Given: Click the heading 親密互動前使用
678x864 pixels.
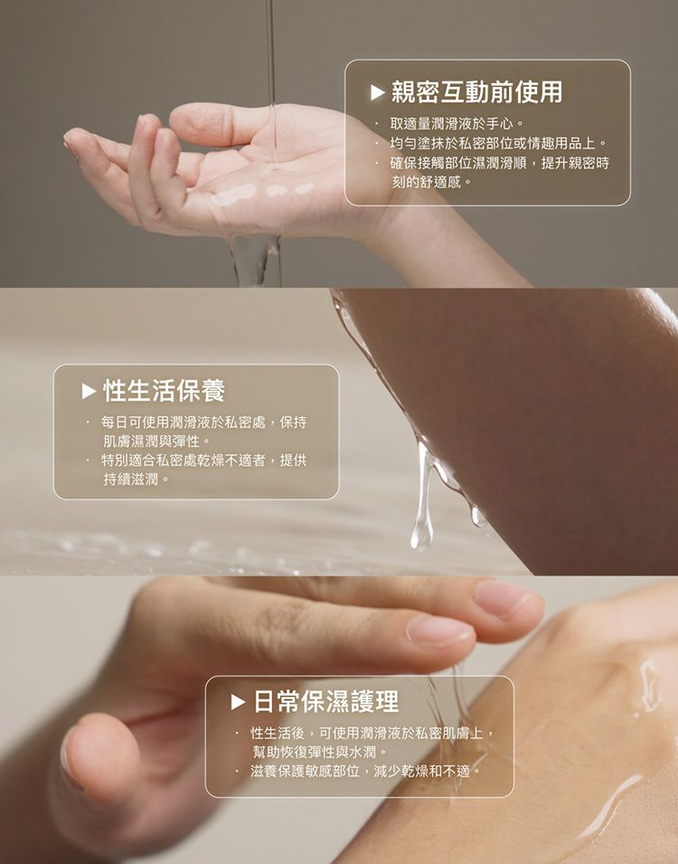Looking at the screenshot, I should coord(477,91).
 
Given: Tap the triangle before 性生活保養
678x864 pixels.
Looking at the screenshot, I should coord(88,391).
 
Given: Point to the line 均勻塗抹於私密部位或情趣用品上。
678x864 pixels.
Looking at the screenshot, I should coord(498,143).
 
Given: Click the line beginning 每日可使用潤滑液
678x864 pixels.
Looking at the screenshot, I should coord(203,423).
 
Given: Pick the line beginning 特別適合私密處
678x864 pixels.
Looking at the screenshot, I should coord(203,460).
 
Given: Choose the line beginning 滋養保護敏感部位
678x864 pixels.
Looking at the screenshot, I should coord(366,771).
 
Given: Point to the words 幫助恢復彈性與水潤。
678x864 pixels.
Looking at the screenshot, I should coord(320,751).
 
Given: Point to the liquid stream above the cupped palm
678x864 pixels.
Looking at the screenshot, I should coord(269,54).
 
